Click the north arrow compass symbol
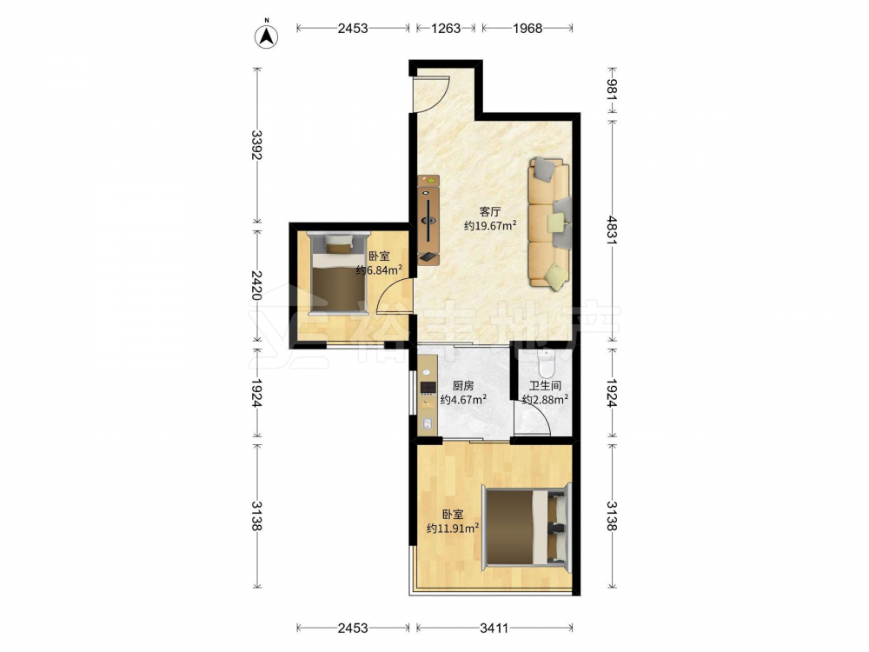coord(267,36)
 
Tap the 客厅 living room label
coord(490,212)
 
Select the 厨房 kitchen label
coord(463,386)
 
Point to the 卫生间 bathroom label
coord(545,386)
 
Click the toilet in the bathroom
coord(547,363)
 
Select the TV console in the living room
coord(428,220)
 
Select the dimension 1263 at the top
coord(446,28)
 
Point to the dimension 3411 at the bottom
coord(494,629)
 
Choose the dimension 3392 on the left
coord(256,144)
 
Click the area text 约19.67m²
coord(490,226)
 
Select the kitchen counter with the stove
coord(428,395)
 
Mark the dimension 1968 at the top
coord(527,28)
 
